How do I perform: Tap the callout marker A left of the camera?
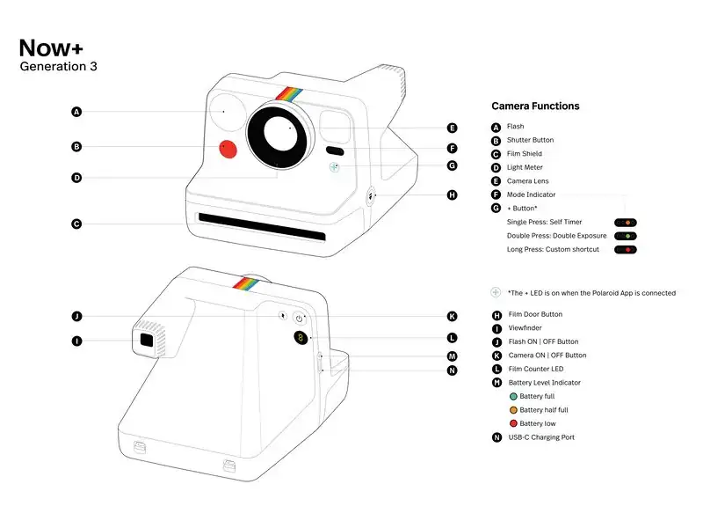click(77, 112)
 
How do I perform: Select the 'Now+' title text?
click(51, 48)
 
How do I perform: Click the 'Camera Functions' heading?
click(535, 106)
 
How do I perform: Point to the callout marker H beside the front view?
click(452, 195)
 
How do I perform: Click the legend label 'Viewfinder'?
click(526, 328)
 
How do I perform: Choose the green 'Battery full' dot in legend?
click(512, 397)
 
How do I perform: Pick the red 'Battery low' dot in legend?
click(512, 424)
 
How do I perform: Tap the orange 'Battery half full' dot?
click(512, 410)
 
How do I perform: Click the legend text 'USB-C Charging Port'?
click(540, 437)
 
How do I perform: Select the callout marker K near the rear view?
click(452, 316)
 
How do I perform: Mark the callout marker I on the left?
click(77, 341)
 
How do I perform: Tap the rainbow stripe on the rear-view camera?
click(247, 283)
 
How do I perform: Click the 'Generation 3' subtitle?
click(58, 67)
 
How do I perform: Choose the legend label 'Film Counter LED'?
click(536, 369)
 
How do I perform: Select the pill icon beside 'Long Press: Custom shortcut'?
click(626, 250)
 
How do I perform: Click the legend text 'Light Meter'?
click(525, 167)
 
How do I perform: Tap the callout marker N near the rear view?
click(452, 370)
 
